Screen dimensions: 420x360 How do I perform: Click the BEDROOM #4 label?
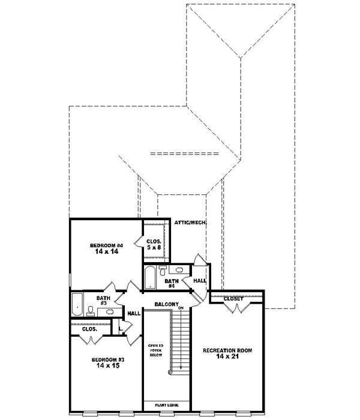(106, 245)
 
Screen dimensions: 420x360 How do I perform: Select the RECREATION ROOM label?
(226, 350)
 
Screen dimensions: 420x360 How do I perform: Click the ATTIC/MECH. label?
(190, 223)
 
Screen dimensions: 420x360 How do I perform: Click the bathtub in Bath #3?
(77, 304)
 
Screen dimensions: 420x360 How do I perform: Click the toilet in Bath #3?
(90, 310)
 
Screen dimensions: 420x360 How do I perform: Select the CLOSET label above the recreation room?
(233, 298)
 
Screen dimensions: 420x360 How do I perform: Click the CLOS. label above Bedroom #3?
(90, 329)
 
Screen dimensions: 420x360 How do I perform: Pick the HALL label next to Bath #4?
(199, 280)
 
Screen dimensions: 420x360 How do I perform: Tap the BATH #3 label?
(103, 299)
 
